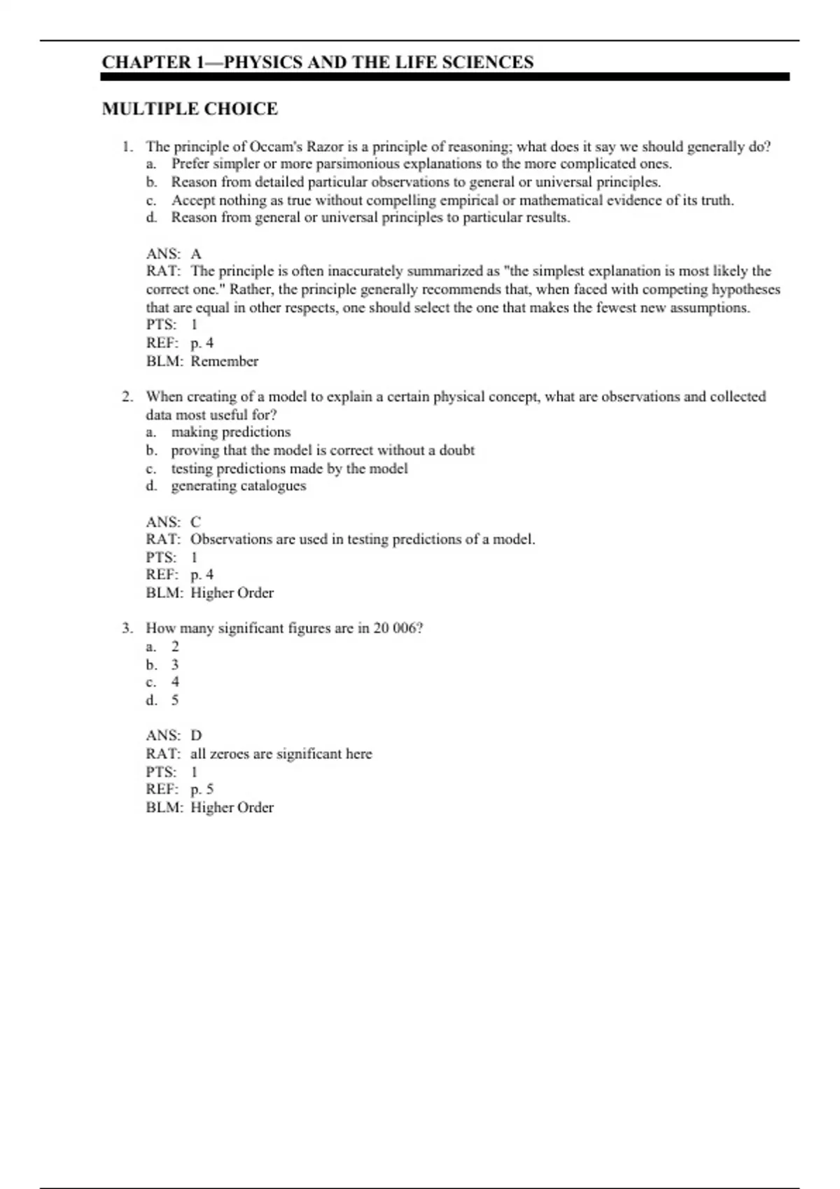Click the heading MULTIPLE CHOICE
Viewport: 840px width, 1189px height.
[190, 109]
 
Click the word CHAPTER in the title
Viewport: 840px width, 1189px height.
[146, 62]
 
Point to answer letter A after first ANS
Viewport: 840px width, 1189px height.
[196, 254]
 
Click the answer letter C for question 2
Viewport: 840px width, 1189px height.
[196, 522]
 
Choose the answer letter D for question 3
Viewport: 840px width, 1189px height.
[196, 736]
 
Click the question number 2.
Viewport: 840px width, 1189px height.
[127, 397]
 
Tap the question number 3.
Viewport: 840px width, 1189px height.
[127, 628]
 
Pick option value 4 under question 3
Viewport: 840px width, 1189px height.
[175, 682]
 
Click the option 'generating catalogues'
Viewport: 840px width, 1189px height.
[239, 486]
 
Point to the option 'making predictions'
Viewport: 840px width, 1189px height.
[231, 432]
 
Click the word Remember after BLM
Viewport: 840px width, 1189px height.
[225, 362]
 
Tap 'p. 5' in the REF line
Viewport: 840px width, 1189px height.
[202, 790]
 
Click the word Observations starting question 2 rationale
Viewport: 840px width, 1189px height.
[231, 539]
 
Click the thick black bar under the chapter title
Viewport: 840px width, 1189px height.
[445, 77]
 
